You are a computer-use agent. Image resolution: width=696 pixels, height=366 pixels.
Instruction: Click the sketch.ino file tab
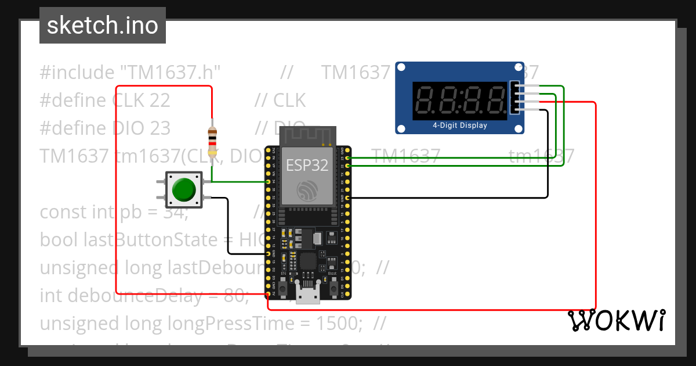pyautogui.click(x=103, y=26)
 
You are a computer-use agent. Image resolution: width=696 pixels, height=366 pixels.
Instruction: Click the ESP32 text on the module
pyautogui.click(x=307, y=165)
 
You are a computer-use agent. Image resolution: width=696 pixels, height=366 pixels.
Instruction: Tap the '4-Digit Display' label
pyautogui.click(x=460, y=125)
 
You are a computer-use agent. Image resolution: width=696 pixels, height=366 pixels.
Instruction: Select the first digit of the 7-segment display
pyautogui.click(x=427, y=101)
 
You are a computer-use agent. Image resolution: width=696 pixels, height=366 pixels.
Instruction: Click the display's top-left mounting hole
pyautogui.click(x=401, y=68)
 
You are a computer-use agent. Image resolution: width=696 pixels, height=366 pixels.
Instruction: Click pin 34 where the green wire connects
pyautogui.click(x=267, y=182)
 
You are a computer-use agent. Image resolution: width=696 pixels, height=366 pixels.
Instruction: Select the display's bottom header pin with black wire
pyautogui.click(x=516, y=109)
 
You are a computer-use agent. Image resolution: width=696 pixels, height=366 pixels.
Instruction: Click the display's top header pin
pyautogui.click(x=516, y=86)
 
